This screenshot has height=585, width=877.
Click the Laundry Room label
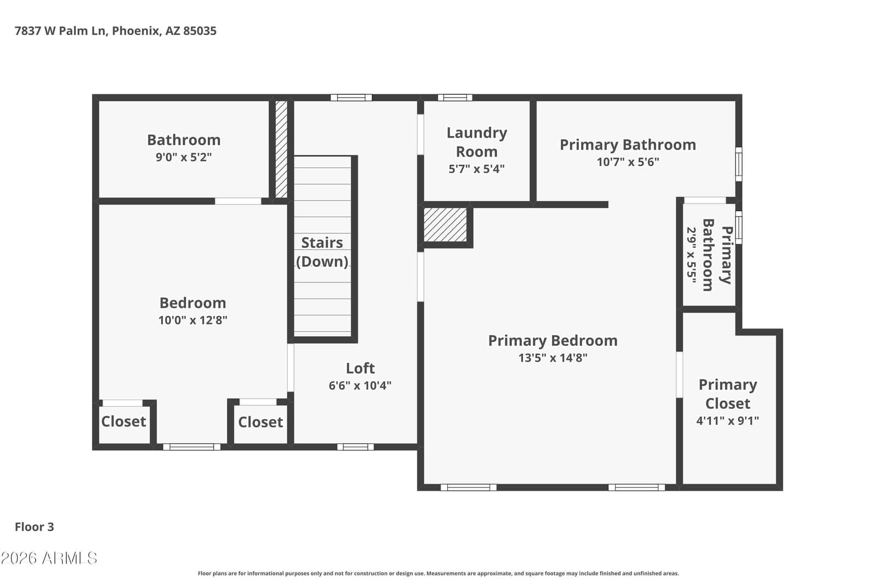pos(476,142)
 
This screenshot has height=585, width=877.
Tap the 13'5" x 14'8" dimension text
pos(553,358)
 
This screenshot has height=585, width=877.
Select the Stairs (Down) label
pos(322,252)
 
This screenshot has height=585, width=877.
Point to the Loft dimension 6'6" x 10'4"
pos(360,385)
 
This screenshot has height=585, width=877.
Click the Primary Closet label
pos(727,394)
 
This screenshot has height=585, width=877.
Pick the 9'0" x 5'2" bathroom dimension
pos(184,157)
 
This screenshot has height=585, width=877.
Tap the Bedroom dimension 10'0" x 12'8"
pos(192,320)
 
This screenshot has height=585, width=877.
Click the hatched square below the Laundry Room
pos(445,225)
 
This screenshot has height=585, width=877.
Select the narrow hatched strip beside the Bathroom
pos(281,149)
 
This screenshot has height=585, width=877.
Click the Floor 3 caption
pos(35,527)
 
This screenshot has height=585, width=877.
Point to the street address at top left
pos(116,31)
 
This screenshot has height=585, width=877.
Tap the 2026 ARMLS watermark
pos(49,558)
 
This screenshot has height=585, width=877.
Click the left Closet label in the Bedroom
pos(123,422)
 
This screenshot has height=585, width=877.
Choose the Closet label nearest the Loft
pos(260,422)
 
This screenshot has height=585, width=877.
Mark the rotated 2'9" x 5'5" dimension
pos(691,255)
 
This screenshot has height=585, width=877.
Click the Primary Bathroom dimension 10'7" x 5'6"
pos(628,162)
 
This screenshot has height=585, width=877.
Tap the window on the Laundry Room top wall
pos(455,98)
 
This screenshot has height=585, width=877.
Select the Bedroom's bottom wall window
pos(192,447)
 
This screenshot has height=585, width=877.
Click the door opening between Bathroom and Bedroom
pos(238,201)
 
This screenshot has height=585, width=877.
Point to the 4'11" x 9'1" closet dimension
pos(727,421)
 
